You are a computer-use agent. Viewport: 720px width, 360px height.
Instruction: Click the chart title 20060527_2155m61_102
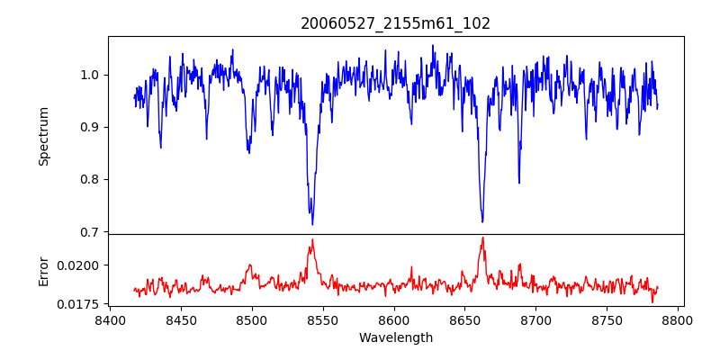395,23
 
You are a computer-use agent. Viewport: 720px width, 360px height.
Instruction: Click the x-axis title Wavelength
395,337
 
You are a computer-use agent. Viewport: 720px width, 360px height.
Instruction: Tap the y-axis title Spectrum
43,136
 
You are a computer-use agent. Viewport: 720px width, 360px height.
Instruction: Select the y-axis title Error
43,270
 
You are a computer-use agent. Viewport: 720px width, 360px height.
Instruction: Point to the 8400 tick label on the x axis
110,319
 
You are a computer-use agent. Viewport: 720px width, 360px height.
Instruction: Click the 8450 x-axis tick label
181,319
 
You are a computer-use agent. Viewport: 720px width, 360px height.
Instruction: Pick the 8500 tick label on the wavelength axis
252,319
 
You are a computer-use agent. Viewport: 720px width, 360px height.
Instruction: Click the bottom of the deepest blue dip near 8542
312,224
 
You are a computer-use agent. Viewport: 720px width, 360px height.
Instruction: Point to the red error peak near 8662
482,238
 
